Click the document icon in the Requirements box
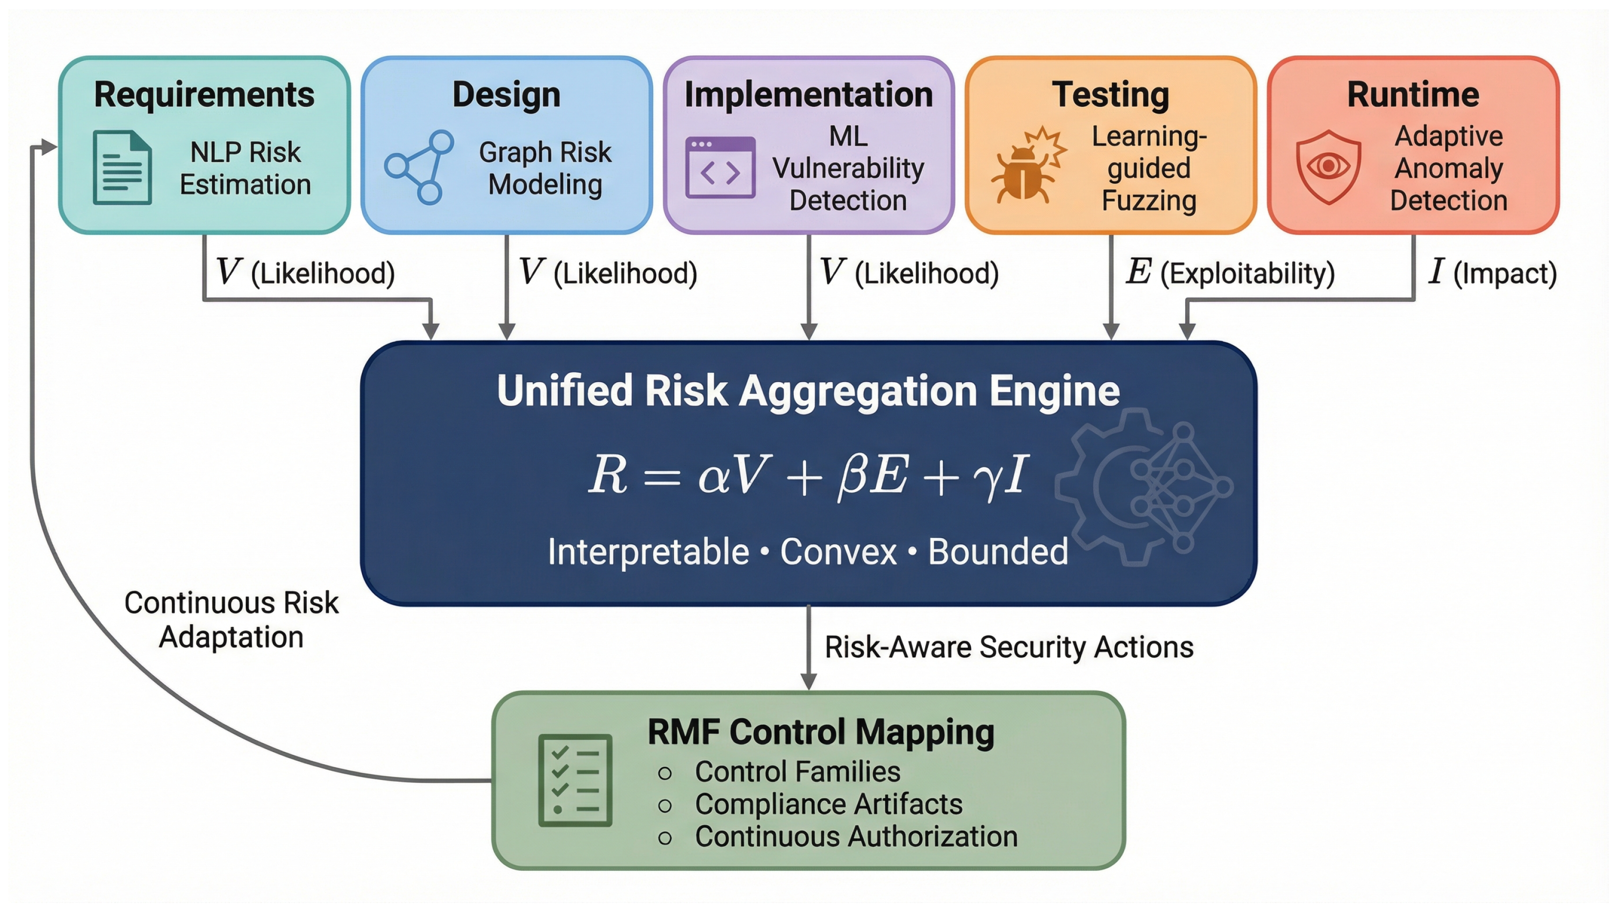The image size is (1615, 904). point(122,168)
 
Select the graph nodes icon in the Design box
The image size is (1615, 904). point(419,167)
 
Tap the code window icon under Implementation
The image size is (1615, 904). point(721,168)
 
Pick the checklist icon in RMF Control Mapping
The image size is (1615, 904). point(575,780)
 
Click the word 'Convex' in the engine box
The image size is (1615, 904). point(838,552)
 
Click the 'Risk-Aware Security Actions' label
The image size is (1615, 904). point(1009,647)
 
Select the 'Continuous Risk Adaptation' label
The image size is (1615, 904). point(232,620)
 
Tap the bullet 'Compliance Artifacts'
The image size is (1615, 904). point(828,804)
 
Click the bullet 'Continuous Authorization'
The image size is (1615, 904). point(856,837)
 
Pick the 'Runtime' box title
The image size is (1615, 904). point(1413,95)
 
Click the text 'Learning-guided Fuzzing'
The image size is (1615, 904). point(1149,168)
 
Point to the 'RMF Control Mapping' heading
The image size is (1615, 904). point(821,732)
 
